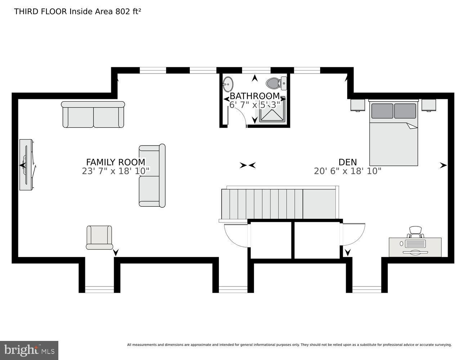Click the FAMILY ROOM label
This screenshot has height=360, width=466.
coord(116,162)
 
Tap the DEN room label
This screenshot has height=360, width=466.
coord(348,162)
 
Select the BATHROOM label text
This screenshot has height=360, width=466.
coord(255,96)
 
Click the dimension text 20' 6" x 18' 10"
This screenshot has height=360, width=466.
coord(348,171)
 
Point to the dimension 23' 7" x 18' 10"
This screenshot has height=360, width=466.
coord(116,171)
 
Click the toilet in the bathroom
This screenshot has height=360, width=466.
coord(274,84)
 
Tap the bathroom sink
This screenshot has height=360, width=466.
coord(228,85)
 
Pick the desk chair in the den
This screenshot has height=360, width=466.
coord(415,232)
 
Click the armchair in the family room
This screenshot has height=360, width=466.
coord(99,237)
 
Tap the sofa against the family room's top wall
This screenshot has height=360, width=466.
coord(93,115)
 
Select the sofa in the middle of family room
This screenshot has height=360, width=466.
coord(152,176)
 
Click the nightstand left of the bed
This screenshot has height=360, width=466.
coord(358,105)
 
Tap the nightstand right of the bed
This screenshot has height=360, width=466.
coord(429,105)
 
